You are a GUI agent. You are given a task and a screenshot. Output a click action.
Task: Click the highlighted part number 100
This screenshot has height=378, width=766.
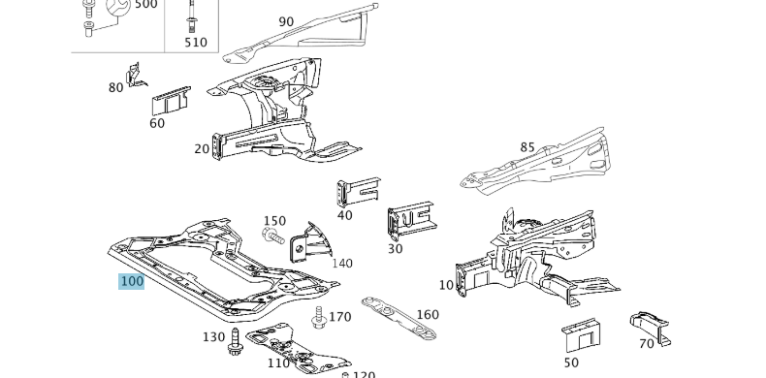(131, 281)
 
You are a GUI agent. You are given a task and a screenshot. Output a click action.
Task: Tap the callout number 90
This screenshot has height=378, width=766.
(286, 22)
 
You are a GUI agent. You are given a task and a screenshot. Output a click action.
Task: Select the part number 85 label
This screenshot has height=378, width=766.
(527, 148)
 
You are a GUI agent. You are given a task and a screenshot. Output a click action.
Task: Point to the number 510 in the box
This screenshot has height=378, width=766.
(196, 43)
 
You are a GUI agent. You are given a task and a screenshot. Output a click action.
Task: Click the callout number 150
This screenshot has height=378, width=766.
(274, 221)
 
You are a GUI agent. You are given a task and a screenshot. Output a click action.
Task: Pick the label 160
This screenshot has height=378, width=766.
(427, 314)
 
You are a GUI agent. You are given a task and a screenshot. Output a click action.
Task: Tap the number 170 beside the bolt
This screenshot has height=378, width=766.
(339, 317)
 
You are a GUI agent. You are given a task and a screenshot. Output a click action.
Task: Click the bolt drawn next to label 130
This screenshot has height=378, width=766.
(235, 341)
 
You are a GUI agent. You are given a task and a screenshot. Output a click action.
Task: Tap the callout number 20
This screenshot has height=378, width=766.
(202, 148)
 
